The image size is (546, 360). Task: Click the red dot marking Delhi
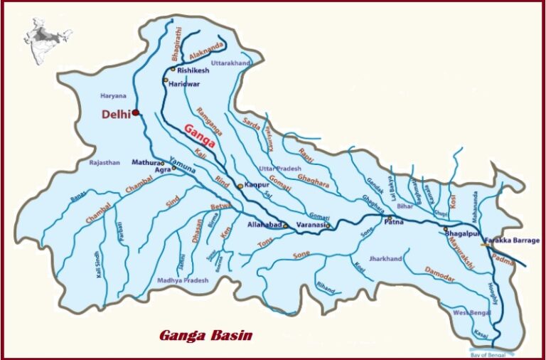coord(136,112)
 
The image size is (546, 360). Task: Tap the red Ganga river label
coord(200,136)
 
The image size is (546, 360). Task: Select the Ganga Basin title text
coord(205,334)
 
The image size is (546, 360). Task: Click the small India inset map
coord(48,38)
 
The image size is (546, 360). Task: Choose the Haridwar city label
coord(183,84)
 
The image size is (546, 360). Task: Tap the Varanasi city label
coord(310,225)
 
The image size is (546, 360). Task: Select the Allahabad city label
coord(264,225)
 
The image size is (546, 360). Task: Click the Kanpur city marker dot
coord(240,186)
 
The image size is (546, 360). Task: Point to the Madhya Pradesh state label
coord(183,280)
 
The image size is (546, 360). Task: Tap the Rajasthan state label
coord(105,163)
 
